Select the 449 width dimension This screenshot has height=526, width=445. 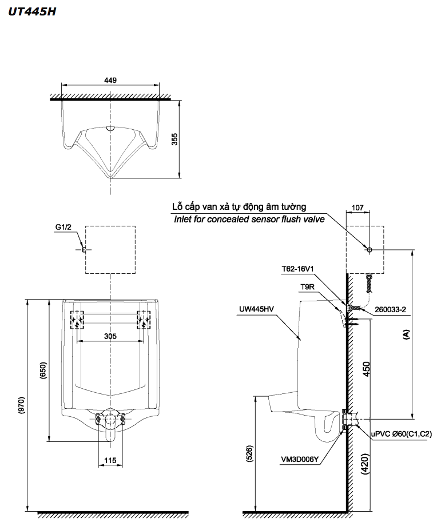coord(111,80)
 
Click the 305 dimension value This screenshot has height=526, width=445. coord(110,336)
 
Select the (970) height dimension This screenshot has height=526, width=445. coord(21,405)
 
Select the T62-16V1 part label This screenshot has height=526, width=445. coord(298,268)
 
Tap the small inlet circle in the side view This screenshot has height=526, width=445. coord(369,250)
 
